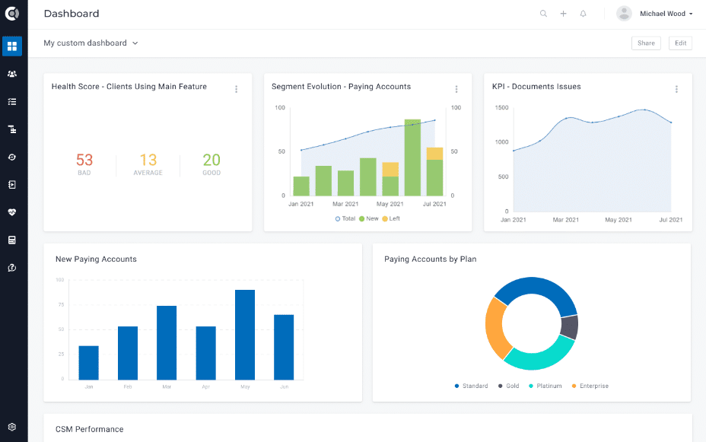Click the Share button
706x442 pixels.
click(x=646, y=43)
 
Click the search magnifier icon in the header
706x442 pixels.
click(x=543, y=14)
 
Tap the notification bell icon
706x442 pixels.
click(x=584, y=14)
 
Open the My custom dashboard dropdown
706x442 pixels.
click(x=91, y=43)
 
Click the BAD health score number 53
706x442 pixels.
click(x=84, y=160)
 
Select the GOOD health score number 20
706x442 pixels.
click(x=211, y=160)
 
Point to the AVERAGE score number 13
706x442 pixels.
click(x=148, y=160)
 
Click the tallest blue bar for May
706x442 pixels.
click(x=245, y=335)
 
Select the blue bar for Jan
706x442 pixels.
click(x=89, y=363)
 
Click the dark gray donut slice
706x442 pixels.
click(x=569, y=327)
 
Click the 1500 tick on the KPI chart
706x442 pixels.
click(x=501, y=107)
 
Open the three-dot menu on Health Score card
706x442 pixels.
click(x=237, y=89)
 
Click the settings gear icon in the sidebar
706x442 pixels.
click(x=12, y=428)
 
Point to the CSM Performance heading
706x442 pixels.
click(x=89, y=429)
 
